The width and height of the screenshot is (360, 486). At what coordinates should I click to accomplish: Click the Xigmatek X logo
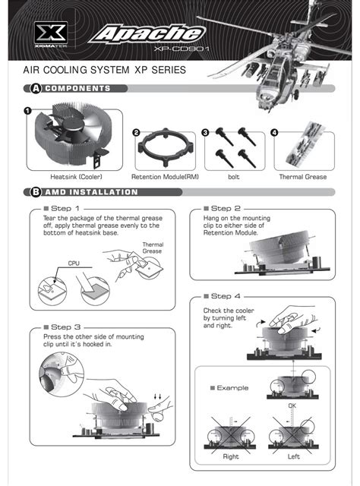[x=51, y=33]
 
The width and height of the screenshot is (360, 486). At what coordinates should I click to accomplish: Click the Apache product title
[x=147, y=33]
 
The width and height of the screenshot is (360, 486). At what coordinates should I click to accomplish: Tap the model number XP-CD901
[x=182, y=49]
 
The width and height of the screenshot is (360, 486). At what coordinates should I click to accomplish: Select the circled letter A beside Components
[x=36, y=89]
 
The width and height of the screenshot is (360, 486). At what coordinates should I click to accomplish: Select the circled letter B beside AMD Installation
[x=36, y=192]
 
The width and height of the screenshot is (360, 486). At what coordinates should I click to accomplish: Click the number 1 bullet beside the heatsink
[x=28, y=111]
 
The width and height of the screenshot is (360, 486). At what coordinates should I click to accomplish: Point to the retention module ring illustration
[x=166, y=146]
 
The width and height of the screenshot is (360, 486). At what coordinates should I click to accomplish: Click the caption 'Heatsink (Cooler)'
[x=76, y=177]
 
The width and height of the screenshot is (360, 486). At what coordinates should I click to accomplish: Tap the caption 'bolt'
[x=233, y=177]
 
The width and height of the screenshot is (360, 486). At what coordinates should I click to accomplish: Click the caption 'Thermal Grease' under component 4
[x=303, y=177]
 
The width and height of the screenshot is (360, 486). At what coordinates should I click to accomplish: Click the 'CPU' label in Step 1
[x=74, y=264]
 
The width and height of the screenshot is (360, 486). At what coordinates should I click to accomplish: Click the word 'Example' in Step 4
[x=232, y=388]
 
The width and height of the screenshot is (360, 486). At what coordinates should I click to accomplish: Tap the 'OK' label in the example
[x=292, y=406]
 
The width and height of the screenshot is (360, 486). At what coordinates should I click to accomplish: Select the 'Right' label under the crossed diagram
[x=231, y=456]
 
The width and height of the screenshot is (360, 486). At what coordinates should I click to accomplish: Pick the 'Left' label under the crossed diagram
[x=294, y=456]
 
